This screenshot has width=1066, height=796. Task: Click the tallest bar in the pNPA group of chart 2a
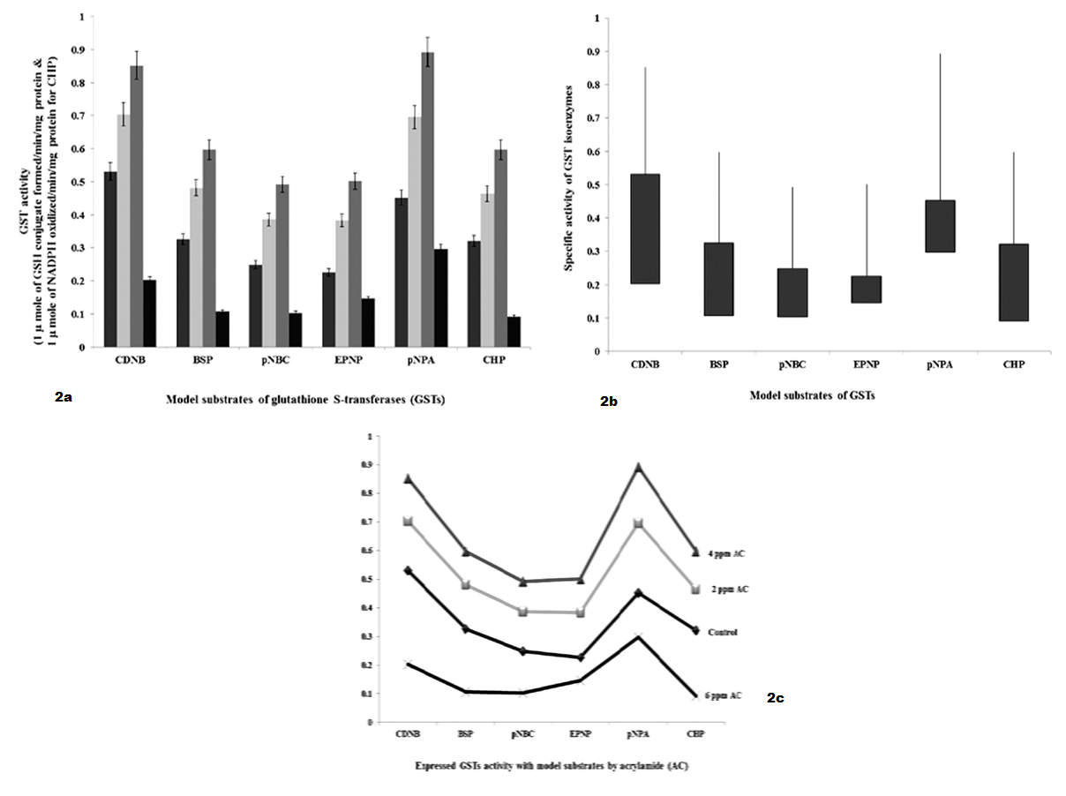(x=427, y=199)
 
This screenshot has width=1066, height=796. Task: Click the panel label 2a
(x=63, y=399)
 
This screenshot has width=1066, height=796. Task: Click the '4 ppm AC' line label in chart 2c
(x=730, y=553)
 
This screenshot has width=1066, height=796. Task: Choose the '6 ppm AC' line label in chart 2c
(x=724, y=695)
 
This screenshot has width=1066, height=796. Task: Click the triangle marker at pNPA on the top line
(x=638, y=467)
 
